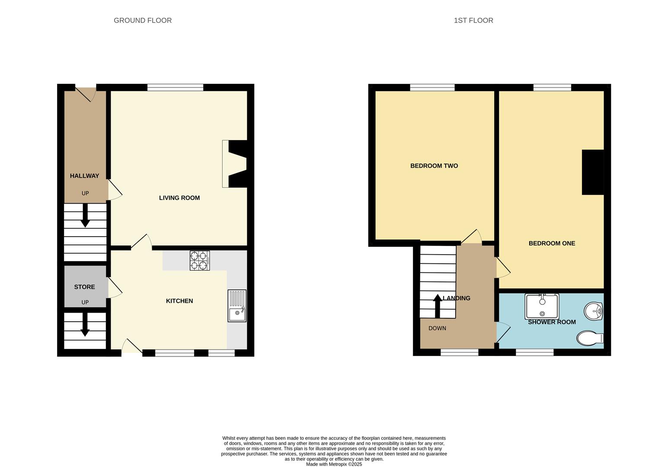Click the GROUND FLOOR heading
[143, 20]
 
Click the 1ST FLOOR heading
[473, 20]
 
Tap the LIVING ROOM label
[179, 198]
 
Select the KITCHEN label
[179, 301]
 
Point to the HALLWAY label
[84, 176]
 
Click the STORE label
[84, 287]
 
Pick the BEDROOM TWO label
[434, 166]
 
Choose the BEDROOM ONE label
[552, 243]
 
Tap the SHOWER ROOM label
[552, 322]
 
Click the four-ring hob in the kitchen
[200, 261]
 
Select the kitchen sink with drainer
[237, 306]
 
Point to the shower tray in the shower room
[542, 306]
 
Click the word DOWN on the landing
[437, 328]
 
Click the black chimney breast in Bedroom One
[593, 172]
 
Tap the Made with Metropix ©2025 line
[334, 464]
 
